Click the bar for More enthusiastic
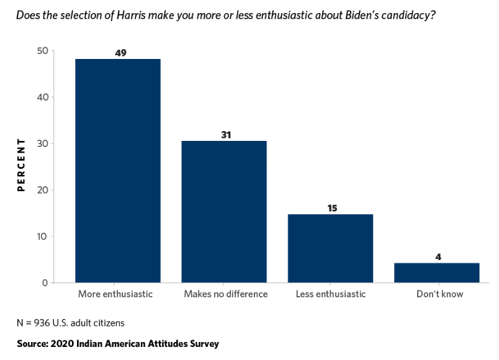click(x=118, y=171)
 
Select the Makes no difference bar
click(x=224, y=212)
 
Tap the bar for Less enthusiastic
click(x=330, y=248)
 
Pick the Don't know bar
click(x=437, y=272)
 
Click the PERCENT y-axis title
click(x=20, y=165)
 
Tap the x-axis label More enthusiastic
click(x=115, y=294)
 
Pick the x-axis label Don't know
click(x=439, y=294)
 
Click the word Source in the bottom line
click(x=32, y=343)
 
